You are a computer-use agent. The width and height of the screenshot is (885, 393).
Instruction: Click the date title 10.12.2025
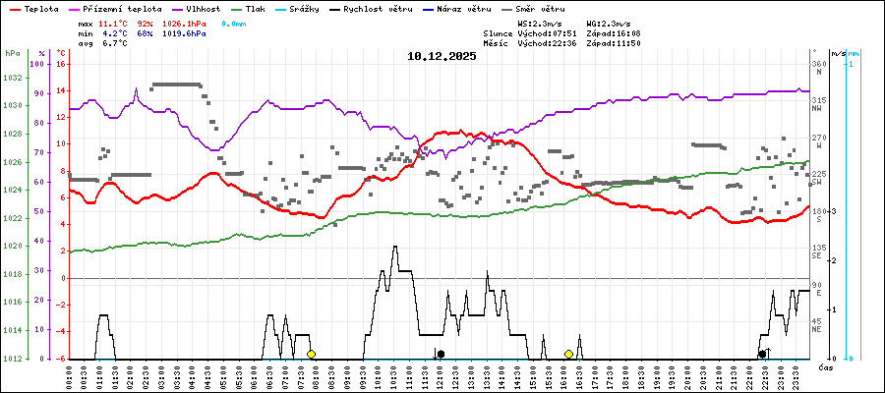pos(442,56)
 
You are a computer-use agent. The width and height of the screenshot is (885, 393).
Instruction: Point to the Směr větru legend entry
pos(534,8)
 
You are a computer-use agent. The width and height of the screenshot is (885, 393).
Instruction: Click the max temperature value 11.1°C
pos(115,22)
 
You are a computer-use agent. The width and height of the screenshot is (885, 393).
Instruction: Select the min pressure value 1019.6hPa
pos(183,32)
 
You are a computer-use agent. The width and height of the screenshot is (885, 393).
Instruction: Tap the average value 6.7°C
pos(115,43)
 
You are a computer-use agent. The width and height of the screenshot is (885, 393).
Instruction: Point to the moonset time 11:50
pos(656,43)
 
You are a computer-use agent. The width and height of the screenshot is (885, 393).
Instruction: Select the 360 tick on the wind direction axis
pos(817,64)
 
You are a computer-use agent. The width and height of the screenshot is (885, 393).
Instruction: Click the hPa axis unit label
pos(12,53)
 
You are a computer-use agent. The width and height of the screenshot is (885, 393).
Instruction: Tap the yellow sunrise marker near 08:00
pos(311,354)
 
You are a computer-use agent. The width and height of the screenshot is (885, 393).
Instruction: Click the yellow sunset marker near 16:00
pos(568,354)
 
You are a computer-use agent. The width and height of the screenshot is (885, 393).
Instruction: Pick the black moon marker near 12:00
pos(441,354)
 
